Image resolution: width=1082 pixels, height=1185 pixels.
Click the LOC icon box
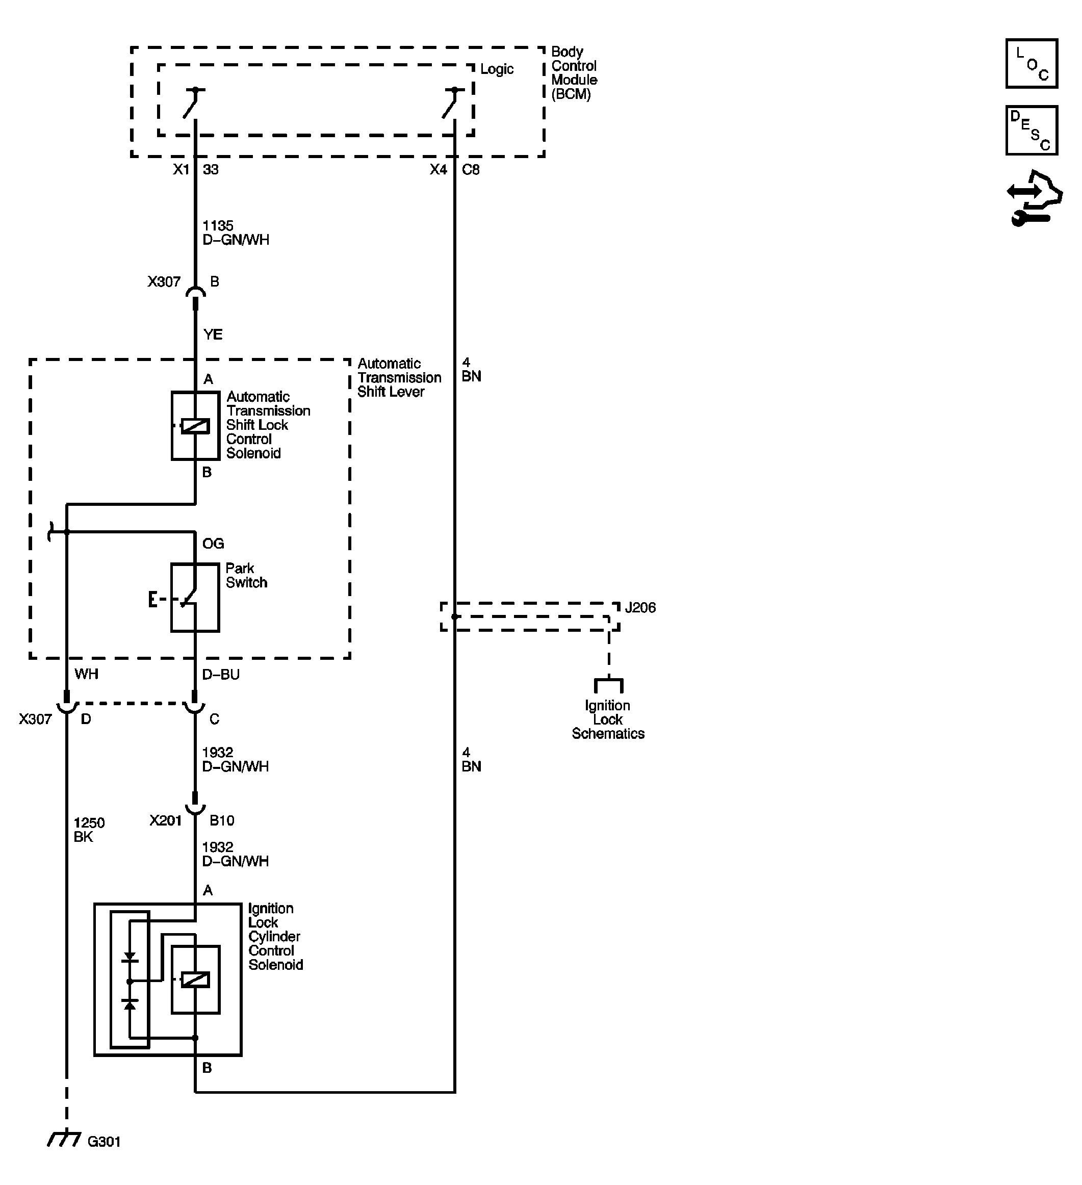pyautogui.click(x=1031, y=63)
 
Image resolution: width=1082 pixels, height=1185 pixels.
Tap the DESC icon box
pyautogui.click(x=1031, y=131)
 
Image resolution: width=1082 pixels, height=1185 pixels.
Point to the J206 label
pyautogui.click(x=640, y=608)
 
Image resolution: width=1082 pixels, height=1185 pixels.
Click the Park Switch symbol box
pyautogui.click(x=195, y=598)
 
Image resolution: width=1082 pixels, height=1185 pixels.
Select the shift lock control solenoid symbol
pyautogui.click(x=195, y=426)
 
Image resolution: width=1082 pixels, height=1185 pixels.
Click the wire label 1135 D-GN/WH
pyautogui.click(x=235, y=233)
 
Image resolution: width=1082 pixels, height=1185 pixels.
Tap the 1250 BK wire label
pyautogui.click(x=89, y=830)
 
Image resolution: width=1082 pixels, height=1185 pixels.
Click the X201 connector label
pyautogui.click(x=165, y=820)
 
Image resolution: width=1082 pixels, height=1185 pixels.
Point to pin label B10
pyautogui.click(x=222, y=820)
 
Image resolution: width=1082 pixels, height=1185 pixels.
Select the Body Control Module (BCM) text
pyautogui.click(x=573, y=73)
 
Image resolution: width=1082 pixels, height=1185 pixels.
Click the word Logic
pyautogui.click(x=497, y=69)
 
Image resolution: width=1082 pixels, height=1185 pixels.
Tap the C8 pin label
pyautogui.click(x=471, y=170)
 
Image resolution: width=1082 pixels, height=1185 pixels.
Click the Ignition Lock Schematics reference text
pyautogui.click(x=608, y=719)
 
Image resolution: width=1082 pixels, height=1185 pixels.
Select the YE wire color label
pyautogui.click(x=213, y=334)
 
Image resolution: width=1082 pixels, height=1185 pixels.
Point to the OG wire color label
pyautogui.click(x=213, y=544)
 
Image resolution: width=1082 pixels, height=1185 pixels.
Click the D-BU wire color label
pyautogui.click(x=220, y=675)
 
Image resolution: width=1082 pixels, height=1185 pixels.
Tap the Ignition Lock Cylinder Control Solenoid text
pyautogui.click(x=274, y=936)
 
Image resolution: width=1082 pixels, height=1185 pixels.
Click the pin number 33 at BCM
pyautogui.click(x=211, y=170)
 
